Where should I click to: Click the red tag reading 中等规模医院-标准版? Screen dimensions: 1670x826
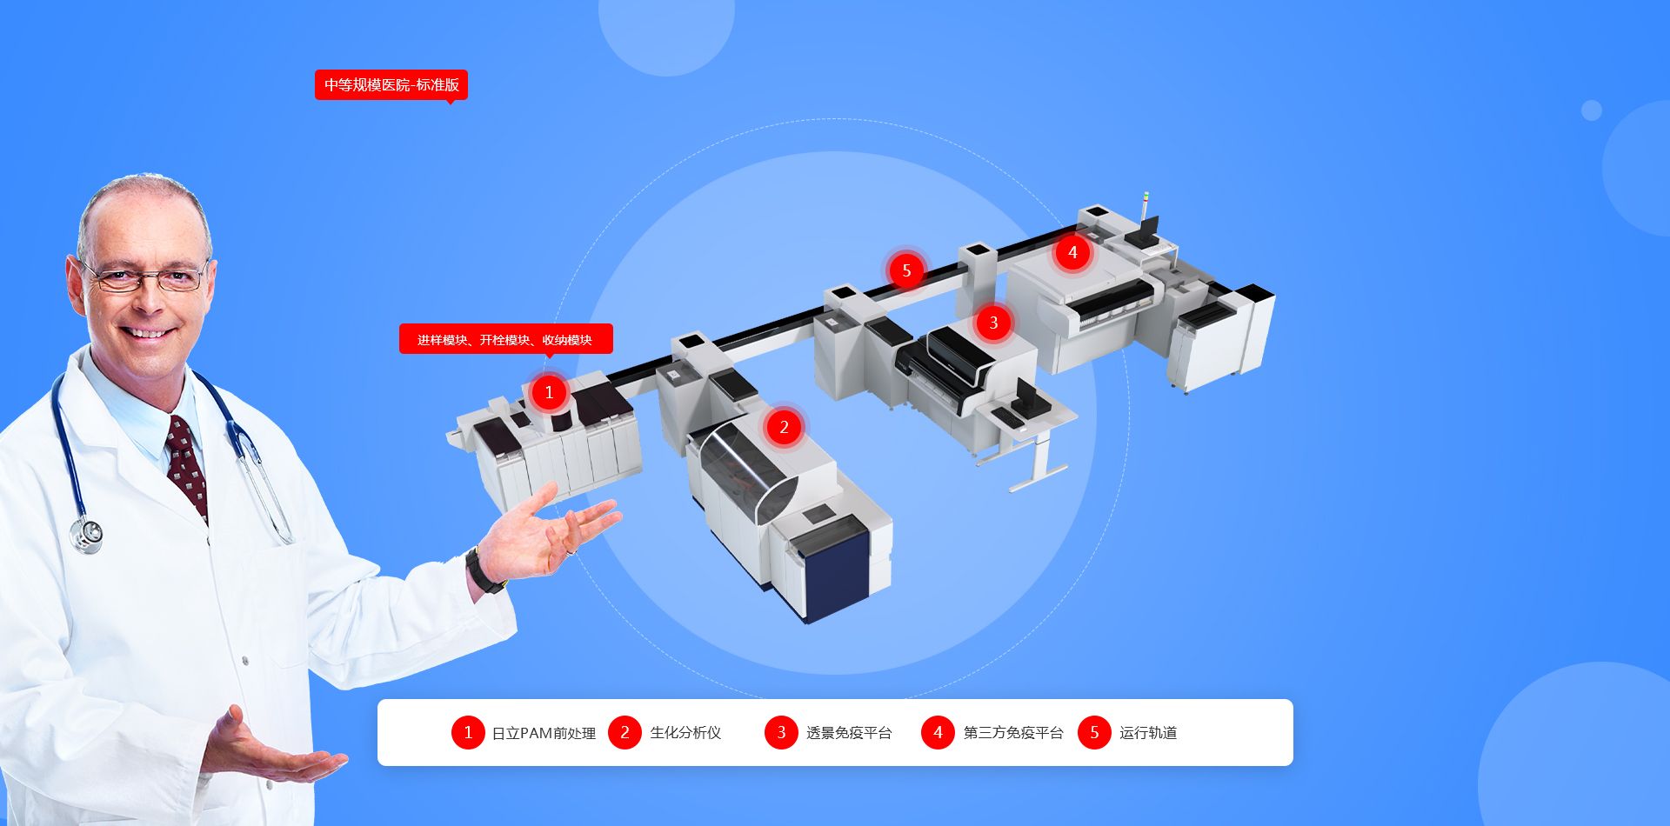391,85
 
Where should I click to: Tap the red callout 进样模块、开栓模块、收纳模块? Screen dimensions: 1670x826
505,339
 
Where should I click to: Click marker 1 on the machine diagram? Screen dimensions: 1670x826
549,392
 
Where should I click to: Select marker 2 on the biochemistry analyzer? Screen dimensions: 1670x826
784,427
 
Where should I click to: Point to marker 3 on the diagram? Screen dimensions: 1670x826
993,323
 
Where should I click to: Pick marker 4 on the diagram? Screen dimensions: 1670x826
1072,252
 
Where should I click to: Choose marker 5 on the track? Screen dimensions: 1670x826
906,270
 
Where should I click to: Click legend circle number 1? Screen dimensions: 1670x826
468,732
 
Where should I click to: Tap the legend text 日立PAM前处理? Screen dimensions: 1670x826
544,733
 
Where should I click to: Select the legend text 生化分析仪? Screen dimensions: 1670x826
685,733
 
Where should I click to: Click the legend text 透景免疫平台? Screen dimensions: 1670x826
849,733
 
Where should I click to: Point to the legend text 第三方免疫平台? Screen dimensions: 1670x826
1013,733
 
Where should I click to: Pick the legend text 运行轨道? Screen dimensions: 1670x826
1148,733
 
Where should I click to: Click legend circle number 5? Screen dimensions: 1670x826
1094,732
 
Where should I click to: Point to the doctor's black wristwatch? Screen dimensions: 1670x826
483,570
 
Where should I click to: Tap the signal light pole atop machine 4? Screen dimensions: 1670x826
1146,208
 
